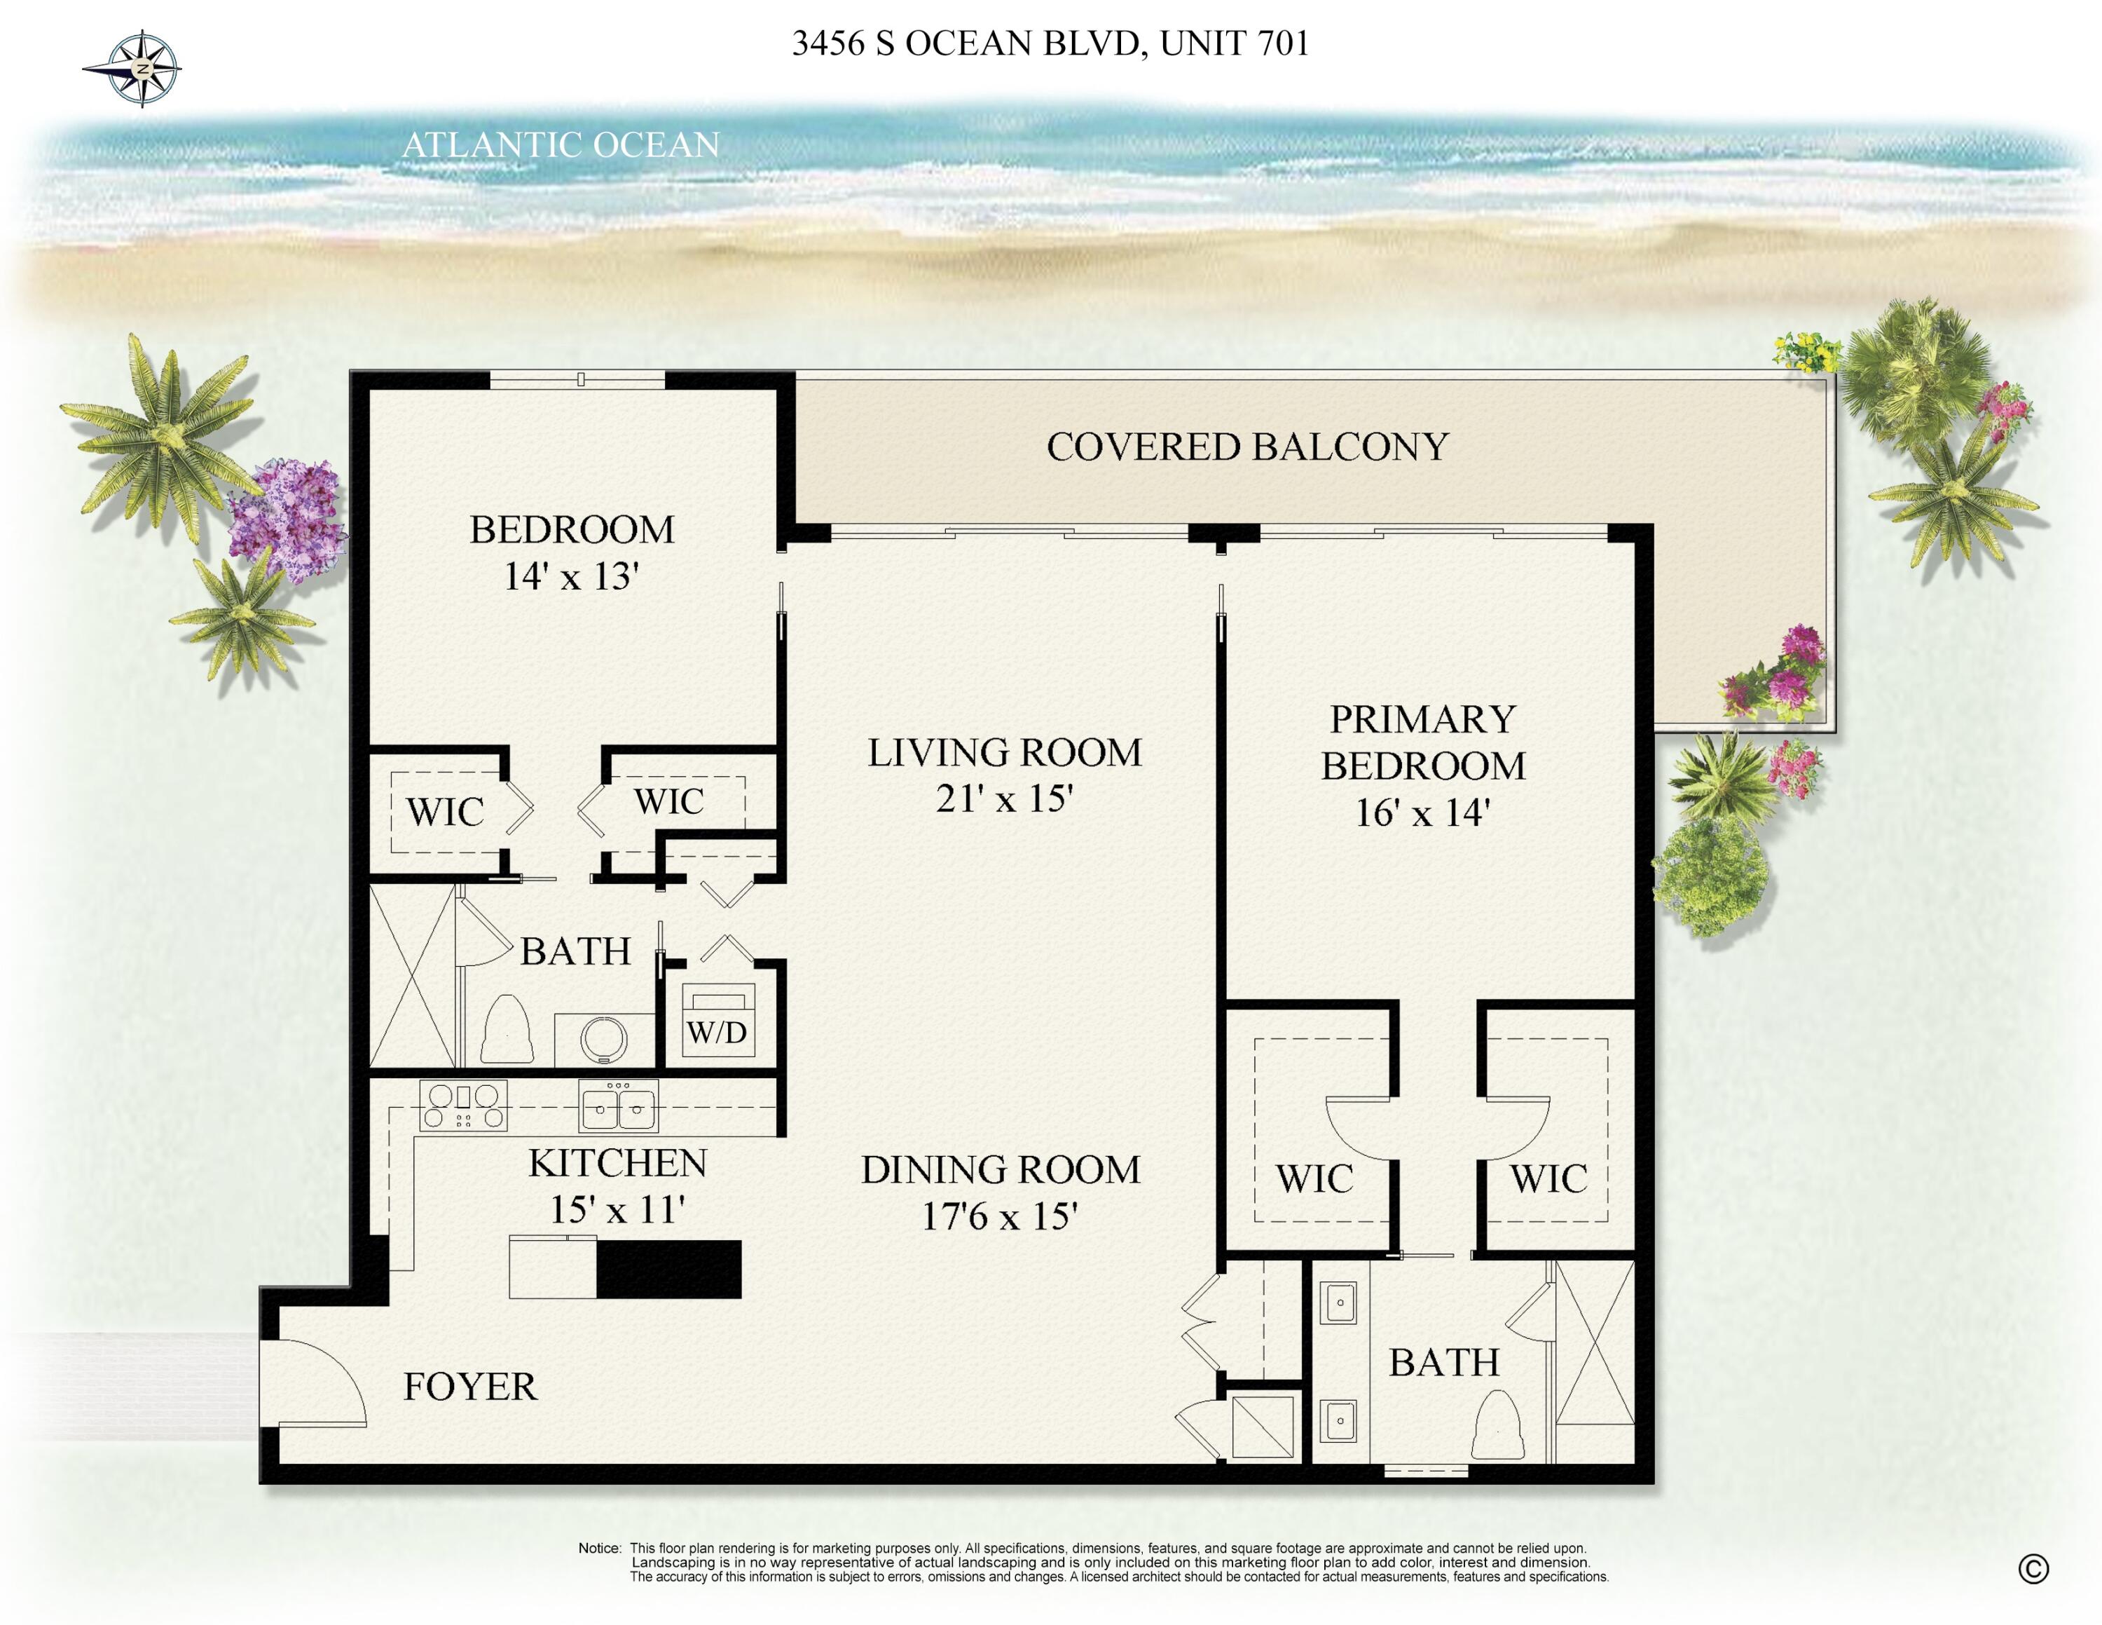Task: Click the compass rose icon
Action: pos(142,68)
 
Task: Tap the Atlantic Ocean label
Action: pos(560,145)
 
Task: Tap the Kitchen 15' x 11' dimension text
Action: pos(617,1210)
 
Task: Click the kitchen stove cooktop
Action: pos(463,1105)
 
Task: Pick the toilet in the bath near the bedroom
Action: pos(507,1030)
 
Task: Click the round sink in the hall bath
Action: pos(603,1040)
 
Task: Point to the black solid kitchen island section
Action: pos(669,1269)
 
